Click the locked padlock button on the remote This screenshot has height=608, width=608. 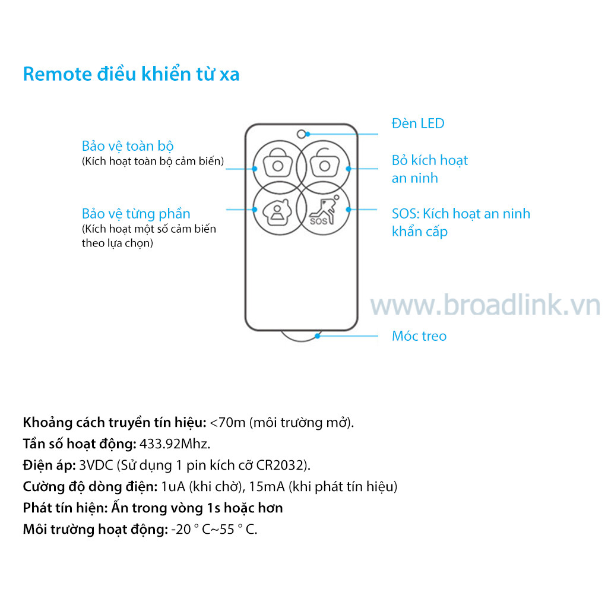point(278,167)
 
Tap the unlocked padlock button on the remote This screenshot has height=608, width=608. point(324,167)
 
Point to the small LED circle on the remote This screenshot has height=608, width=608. point(301,134)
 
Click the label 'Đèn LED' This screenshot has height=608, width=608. point(417,123)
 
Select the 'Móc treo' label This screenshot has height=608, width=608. point(419,336)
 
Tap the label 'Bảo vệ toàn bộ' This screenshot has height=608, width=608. point(128,146)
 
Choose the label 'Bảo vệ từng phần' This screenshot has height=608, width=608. point(136,214)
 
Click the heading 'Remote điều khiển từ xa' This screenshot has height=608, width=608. point(131,74)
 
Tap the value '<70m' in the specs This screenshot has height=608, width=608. point(227,422)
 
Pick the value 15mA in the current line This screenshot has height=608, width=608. point(267,486)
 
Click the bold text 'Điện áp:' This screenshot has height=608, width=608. point(49,465)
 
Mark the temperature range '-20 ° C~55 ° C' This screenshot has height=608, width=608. point(214,529)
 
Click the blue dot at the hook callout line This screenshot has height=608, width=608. point(317,336)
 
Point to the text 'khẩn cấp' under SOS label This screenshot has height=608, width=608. point(420,232)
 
